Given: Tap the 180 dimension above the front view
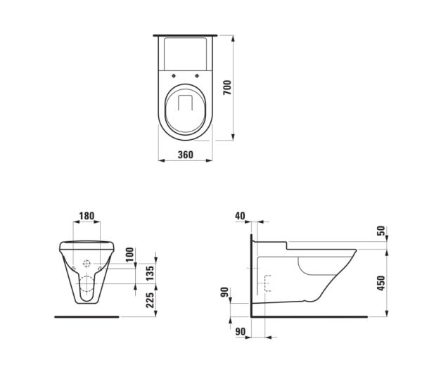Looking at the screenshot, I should tap(87, 215).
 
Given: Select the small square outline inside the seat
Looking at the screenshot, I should tap(185, 103).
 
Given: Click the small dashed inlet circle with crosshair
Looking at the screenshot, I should tap(87, 265).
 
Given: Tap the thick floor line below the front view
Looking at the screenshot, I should tap(87, 316).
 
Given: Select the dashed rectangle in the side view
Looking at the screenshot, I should tap(267, 283).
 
